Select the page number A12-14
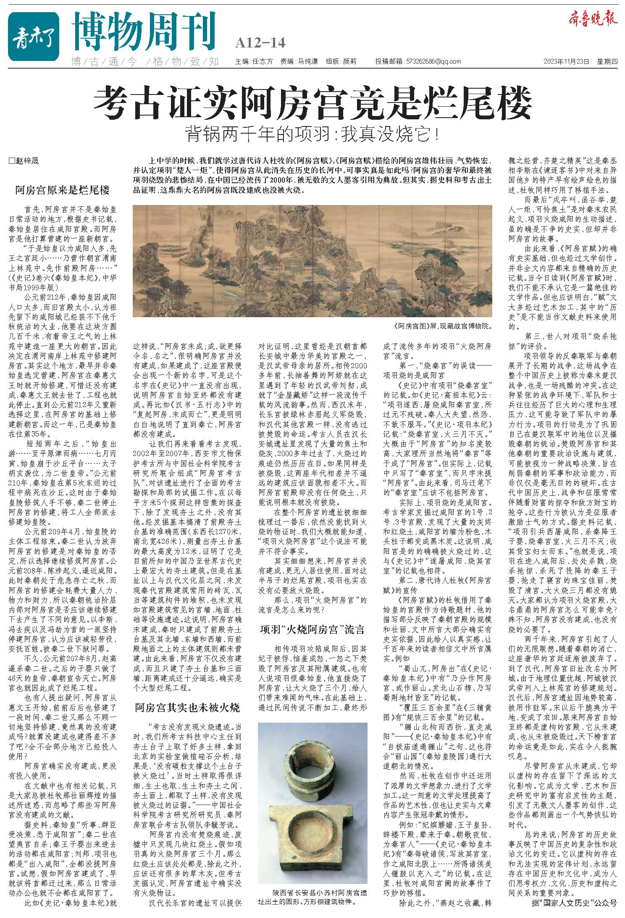[260, 43]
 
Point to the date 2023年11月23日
[566, 61]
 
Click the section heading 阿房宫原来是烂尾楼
[62, 190]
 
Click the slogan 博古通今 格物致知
[145, 61]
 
